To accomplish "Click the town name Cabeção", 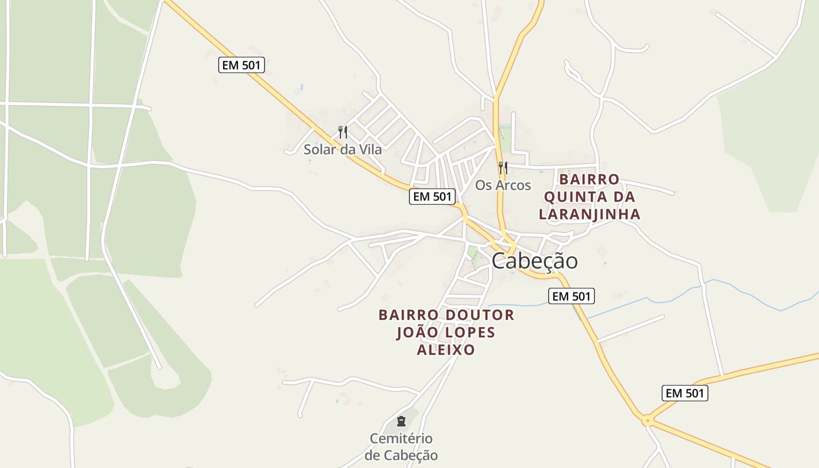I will (x=534, y=261).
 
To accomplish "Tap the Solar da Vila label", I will (x=343, y=150).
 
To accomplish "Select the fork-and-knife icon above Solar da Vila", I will (x=343, y=132).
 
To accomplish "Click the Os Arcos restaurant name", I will (x=503, y=185).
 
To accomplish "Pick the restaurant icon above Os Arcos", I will (x=503, y=168).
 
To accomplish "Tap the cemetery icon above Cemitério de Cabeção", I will (x=401, y=421).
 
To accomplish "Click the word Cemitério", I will (x=401, y=438).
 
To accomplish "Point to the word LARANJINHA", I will (x=589, y=214).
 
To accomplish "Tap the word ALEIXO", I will (x=446, y=350).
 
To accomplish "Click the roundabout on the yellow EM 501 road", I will (x=647, y=419).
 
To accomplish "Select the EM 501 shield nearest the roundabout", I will (x=684, y=393).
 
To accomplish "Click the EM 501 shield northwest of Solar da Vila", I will (x=242, y=65).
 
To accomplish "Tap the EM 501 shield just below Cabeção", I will (x=571, y=296).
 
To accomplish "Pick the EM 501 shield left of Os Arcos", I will (x=432, y=197).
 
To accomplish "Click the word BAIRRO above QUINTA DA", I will (x=589, y=179).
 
